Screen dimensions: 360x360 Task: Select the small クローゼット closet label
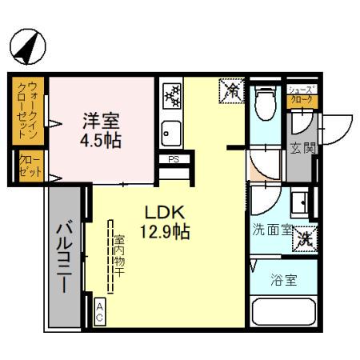(28, 167)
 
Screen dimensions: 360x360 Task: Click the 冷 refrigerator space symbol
(230, 92)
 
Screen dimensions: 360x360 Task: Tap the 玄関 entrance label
(302, 147)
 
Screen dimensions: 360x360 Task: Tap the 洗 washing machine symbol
(305, 238)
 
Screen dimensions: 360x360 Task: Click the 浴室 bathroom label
(283, 281)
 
